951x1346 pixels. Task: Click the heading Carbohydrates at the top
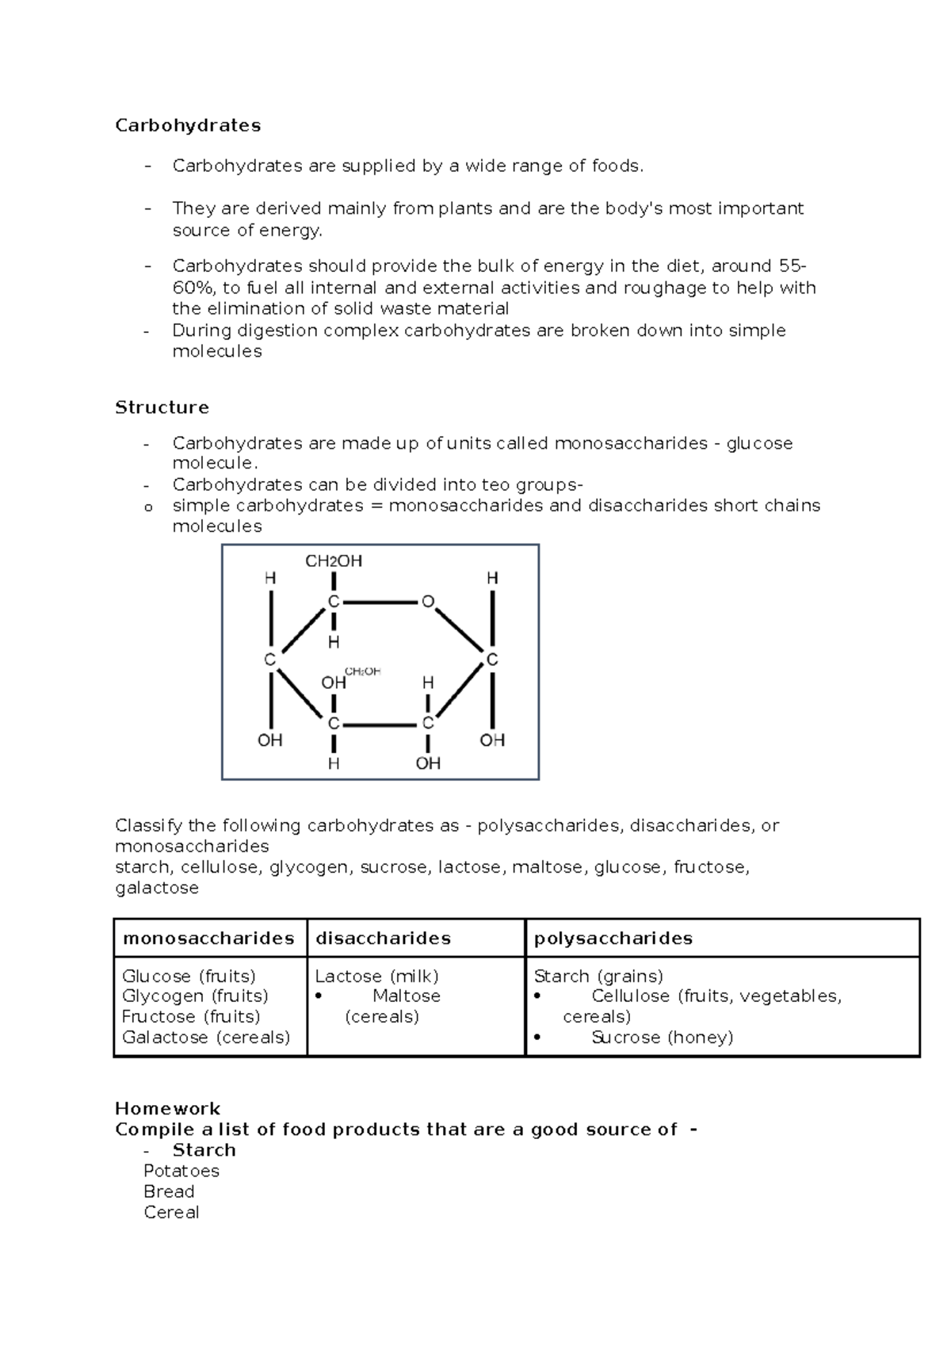188,125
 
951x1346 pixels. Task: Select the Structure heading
162,407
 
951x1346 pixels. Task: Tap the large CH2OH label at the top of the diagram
334,561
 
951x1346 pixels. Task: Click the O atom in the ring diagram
428,602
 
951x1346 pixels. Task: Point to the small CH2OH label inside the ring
363,671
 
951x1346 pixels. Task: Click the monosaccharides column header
208,939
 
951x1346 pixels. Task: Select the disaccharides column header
383,939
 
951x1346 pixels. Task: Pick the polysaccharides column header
613,939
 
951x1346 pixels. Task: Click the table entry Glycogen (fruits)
195,996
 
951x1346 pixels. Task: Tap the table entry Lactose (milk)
376,976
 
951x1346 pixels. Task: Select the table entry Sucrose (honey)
662,1038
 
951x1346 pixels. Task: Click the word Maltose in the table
407,996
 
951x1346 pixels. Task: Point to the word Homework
167,1108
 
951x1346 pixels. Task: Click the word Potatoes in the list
181,1171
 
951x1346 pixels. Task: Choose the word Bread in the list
169,1191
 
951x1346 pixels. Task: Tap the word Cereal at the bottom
171,1212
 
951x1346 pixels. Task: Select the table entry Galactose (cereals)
206,1038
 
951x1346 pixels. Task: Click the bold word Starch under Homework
204,1150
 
